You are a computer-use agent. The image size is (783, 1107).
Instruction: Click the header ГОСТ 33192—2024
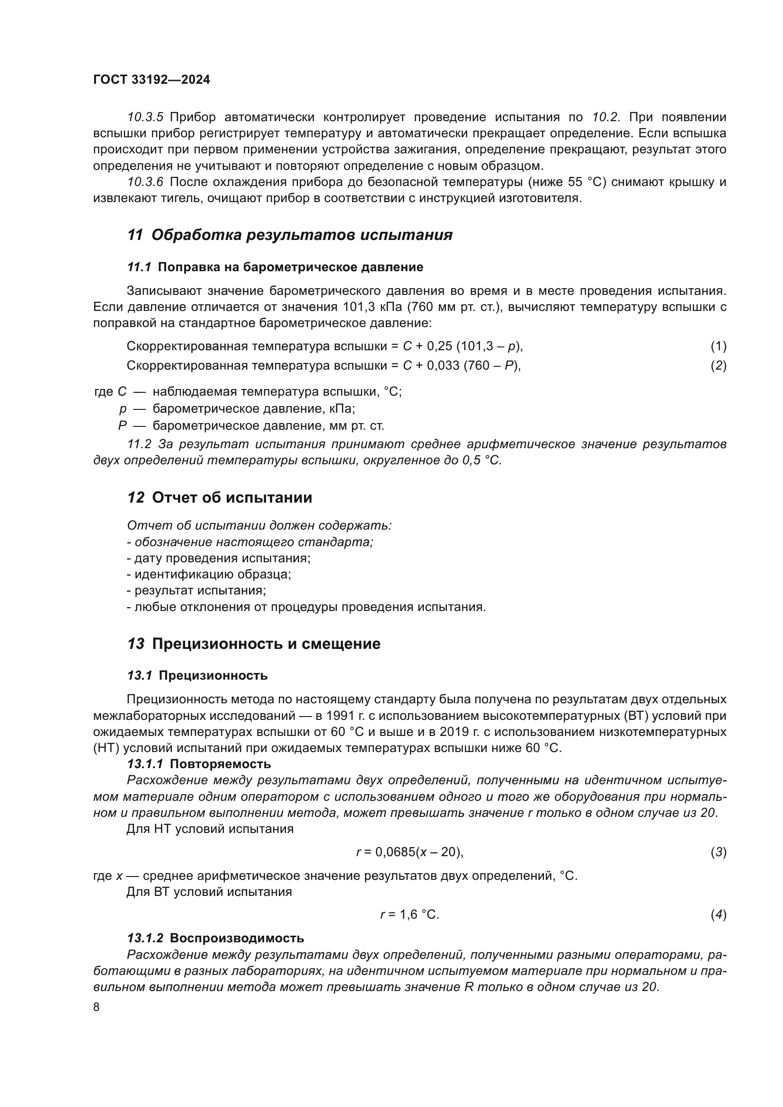[x=151, y=80]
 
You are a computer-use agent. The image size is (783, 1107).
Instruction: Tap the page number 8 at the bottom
[x=97, y=1007]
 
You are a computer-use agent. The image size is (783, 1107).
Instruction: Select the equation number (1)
[x=718, y=345]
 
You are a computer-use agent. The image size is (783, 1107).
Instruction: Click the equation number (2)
[x=718, y=365]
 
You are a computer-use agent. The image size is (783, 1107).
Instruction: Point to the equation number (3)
[x=718, y=852]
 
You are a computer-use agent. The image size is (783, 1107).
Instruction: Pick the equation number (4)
[x=718, y=915]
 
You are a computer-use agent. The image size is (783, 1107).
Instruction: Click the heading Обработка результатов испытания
[x=302, y=235]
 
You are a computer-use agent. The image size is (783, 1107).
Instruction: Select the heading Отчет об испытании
[x=232, y=497]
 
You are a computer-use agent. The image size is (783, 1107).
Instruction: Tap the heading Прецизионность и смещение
[x=266, y=644]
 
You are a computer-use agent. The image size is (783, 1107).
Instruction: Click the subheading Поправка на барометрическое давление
[x=290, y=267]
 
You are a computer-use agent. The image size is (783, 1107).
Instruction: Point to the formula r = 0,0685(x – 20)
[x=410, y=852]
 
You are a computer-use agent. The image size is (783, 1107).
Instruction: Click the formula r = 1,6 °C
[x=410, y=915]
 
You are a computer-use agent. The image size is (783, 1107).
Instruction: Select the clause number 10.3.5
[x=145, y=117]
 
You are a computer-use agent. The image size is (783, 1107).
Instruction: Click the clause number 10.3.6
[x=145, y=182]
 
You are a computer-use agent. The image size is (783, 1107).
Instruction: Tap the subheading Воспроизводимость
[x=237, y=938]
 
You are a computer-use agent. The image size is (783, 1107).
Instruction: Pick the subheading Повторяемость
[x=220, y=764]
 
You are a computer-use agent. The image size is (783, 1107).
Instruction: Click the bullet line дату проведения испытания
[x=219, y=558]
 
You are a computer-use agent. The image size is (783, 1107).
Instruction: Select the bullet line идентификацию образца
[x=209, y=574]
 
